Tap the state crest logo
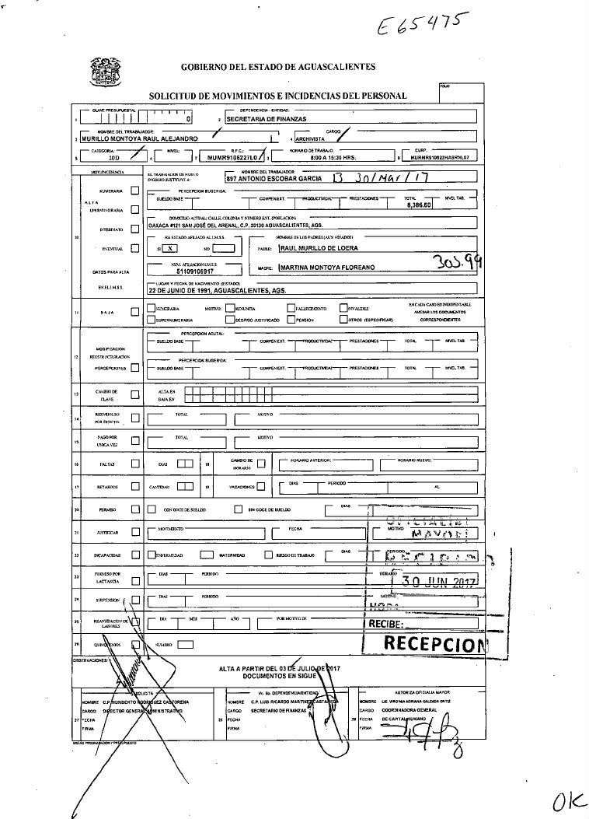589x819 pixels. pos(106,71)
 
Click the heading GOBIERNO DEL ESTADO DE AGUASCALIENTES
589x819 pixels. pos(278,67)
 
